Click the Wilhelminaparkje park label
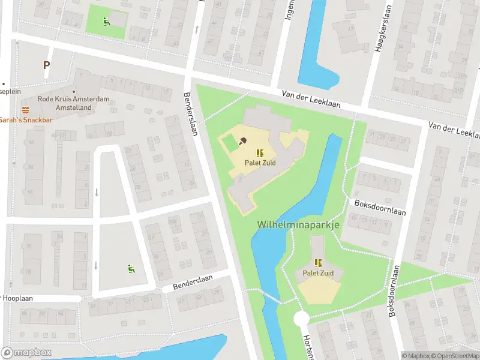click(298, 224)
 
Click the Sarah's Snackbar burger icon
click(25, 110)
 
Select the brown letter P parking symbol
click(46, 65)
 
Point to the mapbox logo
click(26, 352)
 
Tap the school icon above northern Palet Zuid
click(260, 153)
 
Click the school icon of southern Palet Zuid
click(318, 263)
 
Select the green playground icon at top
click(106, 23)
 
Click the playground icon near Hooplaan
click(131, 268)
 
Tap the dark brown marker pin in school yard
click(242, 141)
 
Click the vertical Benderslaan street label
click(190, 114)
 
